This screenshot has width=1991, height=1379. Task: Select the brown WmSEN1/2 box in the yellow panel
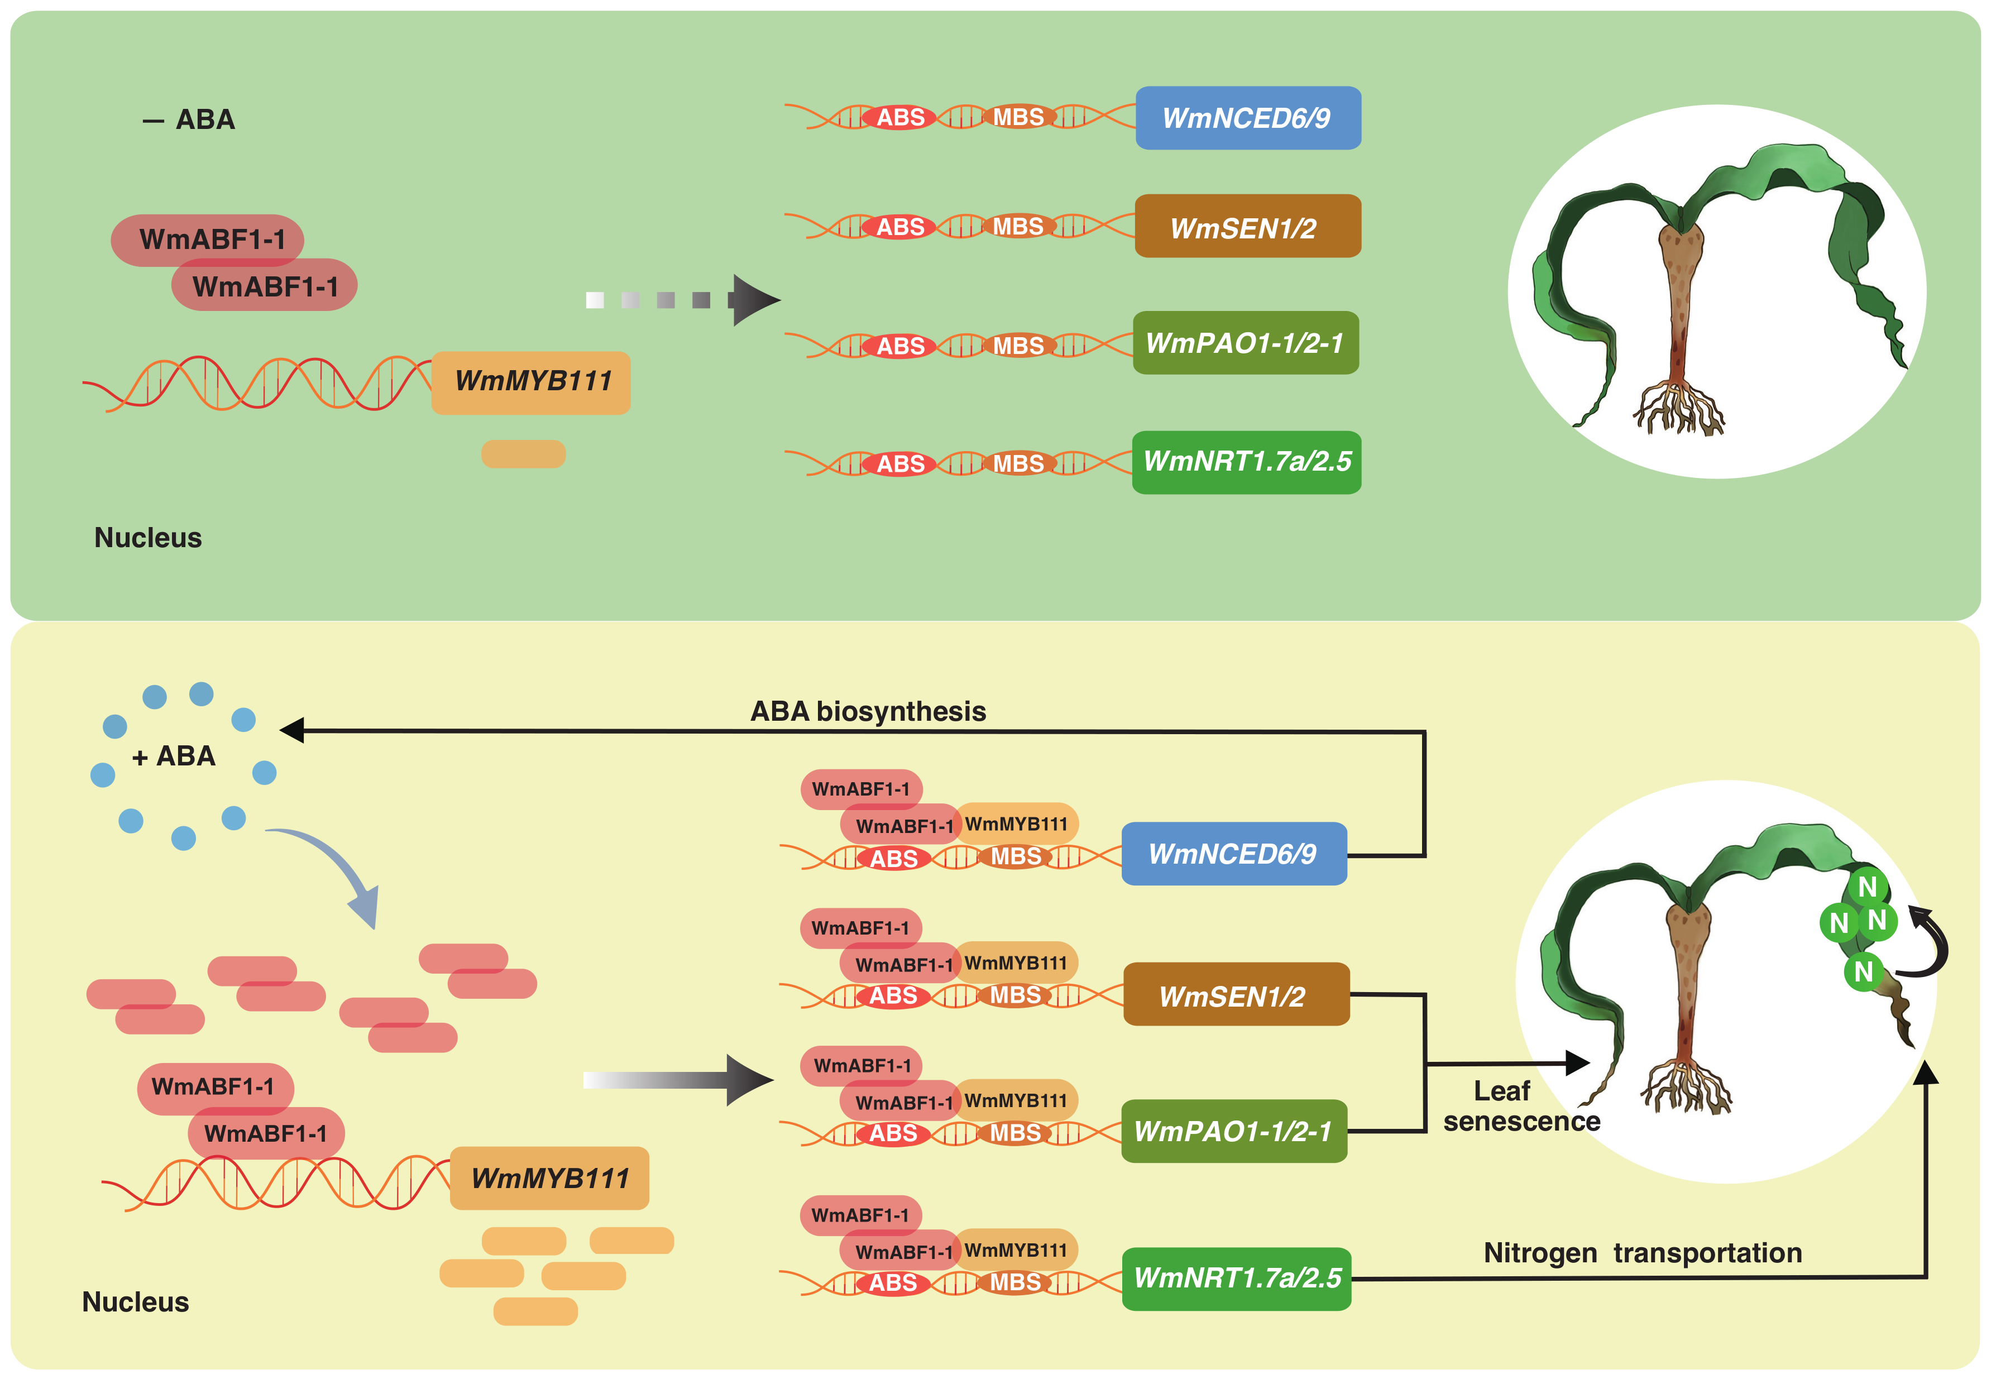pyautogui.click(x=1236, y=995)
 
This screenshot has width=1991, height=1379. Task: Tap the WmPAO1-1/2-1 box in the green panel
pyautogui.click(x=1245, y=343)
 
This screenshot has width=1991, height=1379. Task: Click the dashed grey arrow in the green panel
pyautogui.click(x=683, y=300)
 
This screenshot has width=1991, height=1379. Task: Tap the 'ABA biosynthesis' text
pyautogui.click(x=868, y=711)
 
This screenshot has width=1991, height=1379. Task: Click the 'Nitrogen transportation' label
pyautogui.click(x=1642, y=1252)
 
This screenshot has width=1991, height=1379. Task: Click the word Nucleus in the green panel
pyautogui.click(x=148, y=538)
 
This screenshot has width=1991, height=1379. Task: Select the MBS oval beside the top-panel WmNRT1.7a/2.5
pyautogui.click(x=1018, y=464)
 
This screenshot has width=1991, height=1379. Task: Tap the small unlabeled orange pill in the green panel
pyautogui.click(x=523, y=453)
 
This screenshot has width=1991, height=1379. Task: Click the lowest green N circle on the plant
pyautogui.click(x=1863, y=971)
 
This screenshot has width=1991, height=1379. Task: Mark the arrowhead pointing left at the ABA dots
pyautogui.click(x=292, y=730)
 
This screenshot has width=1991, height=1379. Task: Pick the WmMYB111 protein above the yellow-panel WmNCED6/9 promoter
pyautogui.click(x=1016, y=824)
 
